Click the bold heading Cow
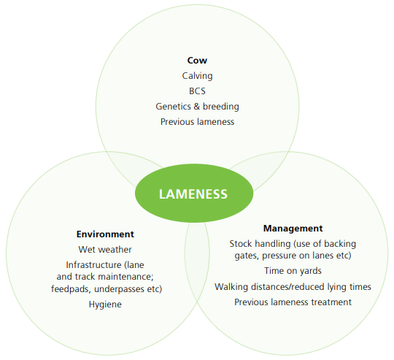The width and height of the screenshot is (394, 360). [197, 61]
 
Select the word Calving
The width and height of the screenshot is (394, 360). [197, 76]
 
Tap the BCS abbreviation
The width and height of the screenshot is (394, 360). [197, 91]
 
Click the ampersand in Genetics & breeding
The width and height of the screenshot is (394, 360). [197, 107]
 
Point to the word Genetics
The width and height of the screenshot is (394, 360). [174, 107]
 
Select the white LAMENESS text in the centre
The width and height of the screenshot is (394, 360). [193, 194]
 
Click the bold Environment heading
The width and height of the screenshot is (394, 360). [105, 234]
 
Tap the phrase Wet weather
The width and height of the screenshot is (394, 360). [105, 250]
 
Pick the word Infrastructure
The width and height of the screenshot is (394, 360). [93, 265]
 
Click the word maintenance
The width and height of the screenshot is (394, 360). [125, 277]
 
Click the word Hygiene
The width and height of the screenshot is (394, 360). [105, 305]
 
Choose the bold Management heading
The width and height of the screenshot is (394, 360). [293, 229]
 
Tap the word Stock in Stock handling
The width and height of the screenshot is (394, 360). [241, 244]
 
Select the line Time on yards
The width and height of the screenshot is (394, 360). [293, 271]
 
